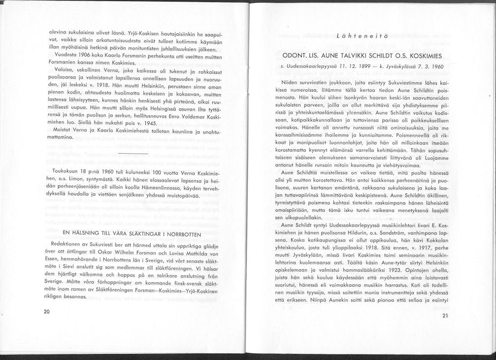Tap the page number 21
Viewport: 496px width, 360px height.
click(x=444, y=316)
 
